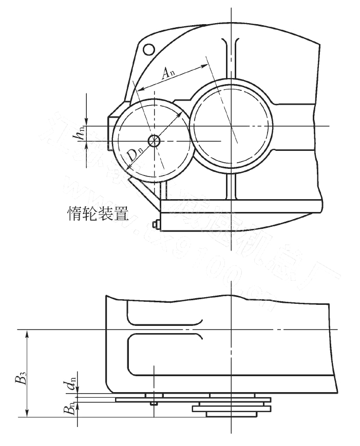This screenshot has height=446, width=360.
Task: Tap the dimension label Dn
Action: pos(135,154)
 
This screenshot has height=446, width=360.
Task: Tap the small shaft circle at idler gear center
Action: pos(154,140)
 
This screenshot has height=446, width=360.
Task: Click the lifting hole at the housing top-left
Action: pos(148,49)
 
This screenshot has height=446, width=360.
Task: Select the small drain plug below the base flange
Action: pos(156,224)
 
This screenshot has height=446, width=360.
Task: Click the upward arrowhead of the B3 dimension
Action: pos(27,334)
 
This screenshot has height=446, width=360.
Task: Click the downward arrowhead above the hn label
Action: pos(87,122)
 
